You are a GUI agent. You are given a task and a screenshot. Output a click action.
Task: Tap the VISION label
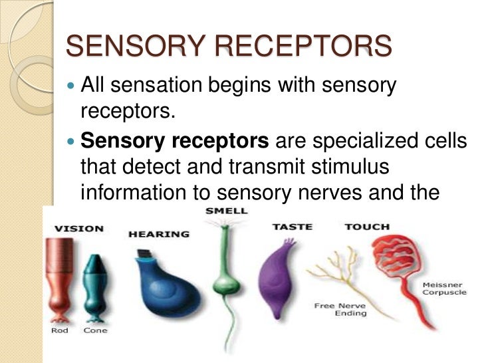pyautogui.click(x=78, y=228)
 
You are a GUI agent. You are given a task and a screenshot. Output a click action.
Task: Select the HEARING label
pyautogui.click(x=159, y=235)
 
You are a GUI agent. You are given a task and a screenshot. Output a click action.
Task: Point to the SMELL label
pyautogui.click(x=227, y=211)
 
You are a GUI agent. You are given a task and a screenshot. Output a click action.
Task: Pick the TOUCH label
pyautogui.click(x=367, y=227)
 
